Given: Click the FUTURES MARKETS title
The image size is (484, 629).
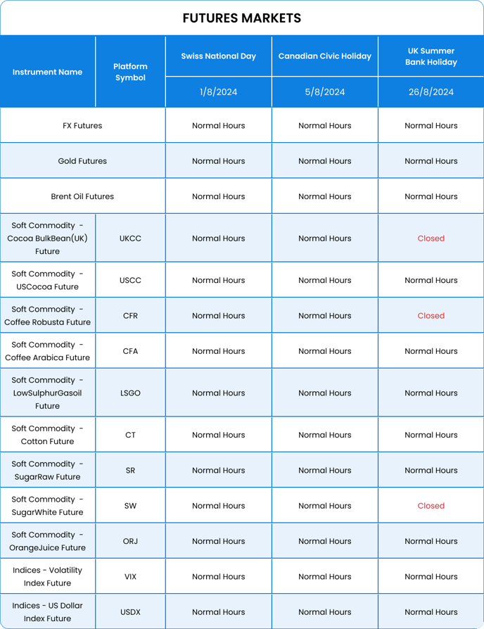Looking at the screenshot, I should coord(241,18).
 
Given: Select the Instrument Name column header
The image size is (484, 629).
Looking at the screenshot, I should coord(47,72).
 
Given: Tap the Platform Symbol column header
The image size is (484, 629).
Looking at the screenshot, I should coord(130,72).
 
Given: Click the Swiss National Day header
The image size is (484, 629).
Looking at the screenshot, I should coord(218,56).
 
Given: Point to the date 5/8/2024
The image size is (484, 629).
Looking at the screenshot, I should coord(324,92).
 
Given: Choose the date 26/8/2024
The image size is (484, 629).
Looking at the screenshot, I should coord(431,92).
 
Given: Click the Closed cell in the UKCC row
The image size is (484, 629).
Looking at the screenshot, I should coord(431,239).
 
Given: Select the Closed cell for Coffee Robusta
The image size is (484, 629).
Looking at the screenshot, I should coord(431,316).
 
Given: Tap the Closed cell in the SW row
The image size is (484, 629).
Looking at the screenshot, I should coord(431,506).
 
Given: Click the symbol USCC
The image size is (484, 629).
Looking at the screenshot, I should coord(130,280).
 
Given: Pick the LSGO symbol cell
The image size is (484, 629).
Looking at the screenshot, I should coord(130,393).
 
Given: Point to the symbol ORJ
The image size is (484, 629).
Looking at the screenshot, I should coord(130,541).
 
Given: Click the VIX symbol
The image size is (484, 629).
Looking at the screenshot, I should coord(130,577).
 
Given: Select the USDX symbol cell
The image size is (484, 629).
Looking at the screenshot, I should coord(130,612).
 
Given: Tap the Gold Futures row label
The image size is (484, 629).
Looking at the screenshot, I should coord(82,161).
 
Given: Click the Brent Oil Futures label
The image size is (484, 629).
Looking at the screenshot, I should coord(82,196).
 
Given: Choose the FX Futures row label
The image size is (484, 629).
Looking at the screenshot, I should coord(82,126).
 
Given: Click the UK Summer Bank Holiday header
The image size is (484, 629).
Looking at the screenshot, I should coord(431,56).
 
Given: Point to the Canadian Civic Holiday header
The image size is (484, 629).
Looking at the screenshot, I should coord(324,56).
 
